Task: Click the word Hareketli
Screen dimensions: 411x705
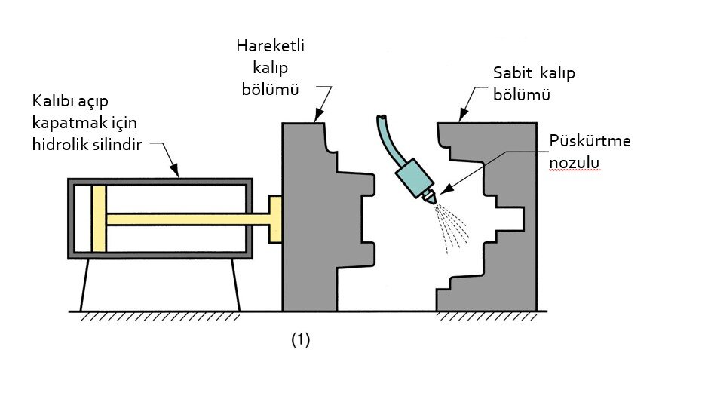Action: tap(270, 46)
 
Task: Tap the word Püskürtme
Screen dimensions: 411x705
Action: tap(590, 142)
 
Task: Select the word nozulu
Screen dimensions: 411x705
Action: tap(574, 163)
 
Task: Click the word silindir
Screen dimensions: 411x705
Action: tap(113, 144)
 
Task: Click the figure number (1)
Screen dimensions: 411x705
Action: tap(301, 340)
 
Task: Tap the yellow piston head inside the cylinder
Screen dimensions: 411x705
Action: tap(99, 219)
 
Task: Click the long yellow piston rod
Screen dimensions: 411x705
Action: tap(189, 219)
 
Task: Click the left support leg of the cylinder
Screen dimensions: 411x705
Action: tap(85, 285)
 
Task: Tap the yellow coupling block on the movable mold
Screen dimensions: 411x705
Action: tap(275, 219)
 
